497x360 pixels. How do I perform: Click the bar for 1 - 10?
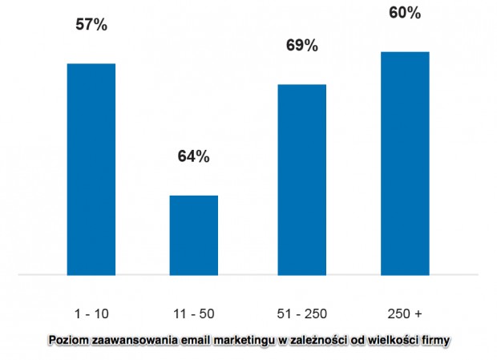tap(91, 168)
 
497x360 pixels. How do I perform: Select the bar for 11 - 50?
tap(193, 235)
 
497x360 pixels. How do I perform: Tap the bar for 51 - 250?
tap(302, 179)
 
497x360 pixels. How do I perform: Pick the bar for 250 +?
tap(405, 163)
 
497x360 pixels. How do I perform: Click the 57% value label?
tap(91, 25)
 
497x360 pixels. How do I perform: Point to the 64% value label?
tap(193, 156)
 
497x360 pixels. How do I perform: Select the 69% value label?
tap(302, 45)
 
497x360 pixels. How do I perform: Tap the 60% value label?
tap(405, 13)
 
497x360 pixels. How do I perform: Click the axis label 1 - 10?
tap(91, 312)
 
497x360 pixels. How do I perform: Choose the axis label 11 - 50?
tap(194, 312)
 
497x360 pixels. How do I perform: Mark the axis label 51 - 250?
tap(302, 312)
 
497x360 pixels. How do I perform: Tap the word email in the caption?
tap(190, 340)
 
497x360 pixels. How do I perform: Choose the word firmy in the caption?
tap(437, 340)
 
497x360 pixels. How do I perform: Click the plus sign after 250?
tap(418, 312)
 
